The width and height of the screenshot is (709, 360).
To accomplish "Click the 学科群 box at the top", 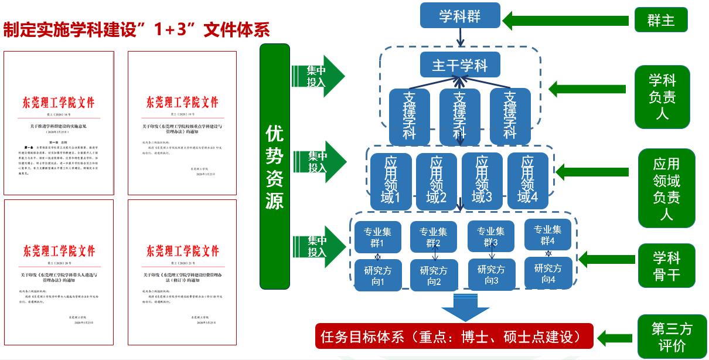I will coord(460,15).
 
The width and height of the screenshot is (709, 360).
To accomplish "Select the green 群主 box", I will coord(660,20).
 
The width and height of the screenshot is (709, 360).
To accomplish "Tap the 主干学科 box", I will coord(460,64).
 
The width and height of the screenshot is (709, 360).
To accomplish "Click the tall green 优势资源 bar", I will coord(275,167).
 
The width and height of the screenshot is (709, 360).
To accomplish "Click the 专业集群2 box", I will coord(434,237).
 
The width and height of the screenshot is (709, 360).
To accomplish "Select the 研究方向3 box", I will coord(491,274).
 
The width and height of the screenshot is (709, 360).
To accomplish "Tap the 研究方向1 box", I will coord(378,275).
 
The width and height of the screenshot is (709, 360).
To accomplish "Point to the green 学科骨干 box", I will coord(666,265).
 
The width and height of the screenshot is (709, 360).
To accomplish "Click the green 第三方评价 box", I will coord(671,337).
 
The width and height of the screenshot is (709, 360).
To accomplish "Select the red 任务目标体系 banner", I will coord(454,337).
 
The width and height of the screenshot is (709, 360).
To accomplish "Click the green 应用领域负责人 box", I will coord(666,188).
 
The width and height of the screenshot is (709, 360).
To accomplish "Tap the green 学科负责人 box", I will coord(662,96).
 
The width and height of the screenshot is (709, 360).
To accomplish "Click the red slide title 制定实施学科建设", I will coord(137,30).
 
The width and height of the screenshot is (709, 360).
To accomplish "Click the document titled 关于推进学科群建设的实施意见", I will coord(59,123).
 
